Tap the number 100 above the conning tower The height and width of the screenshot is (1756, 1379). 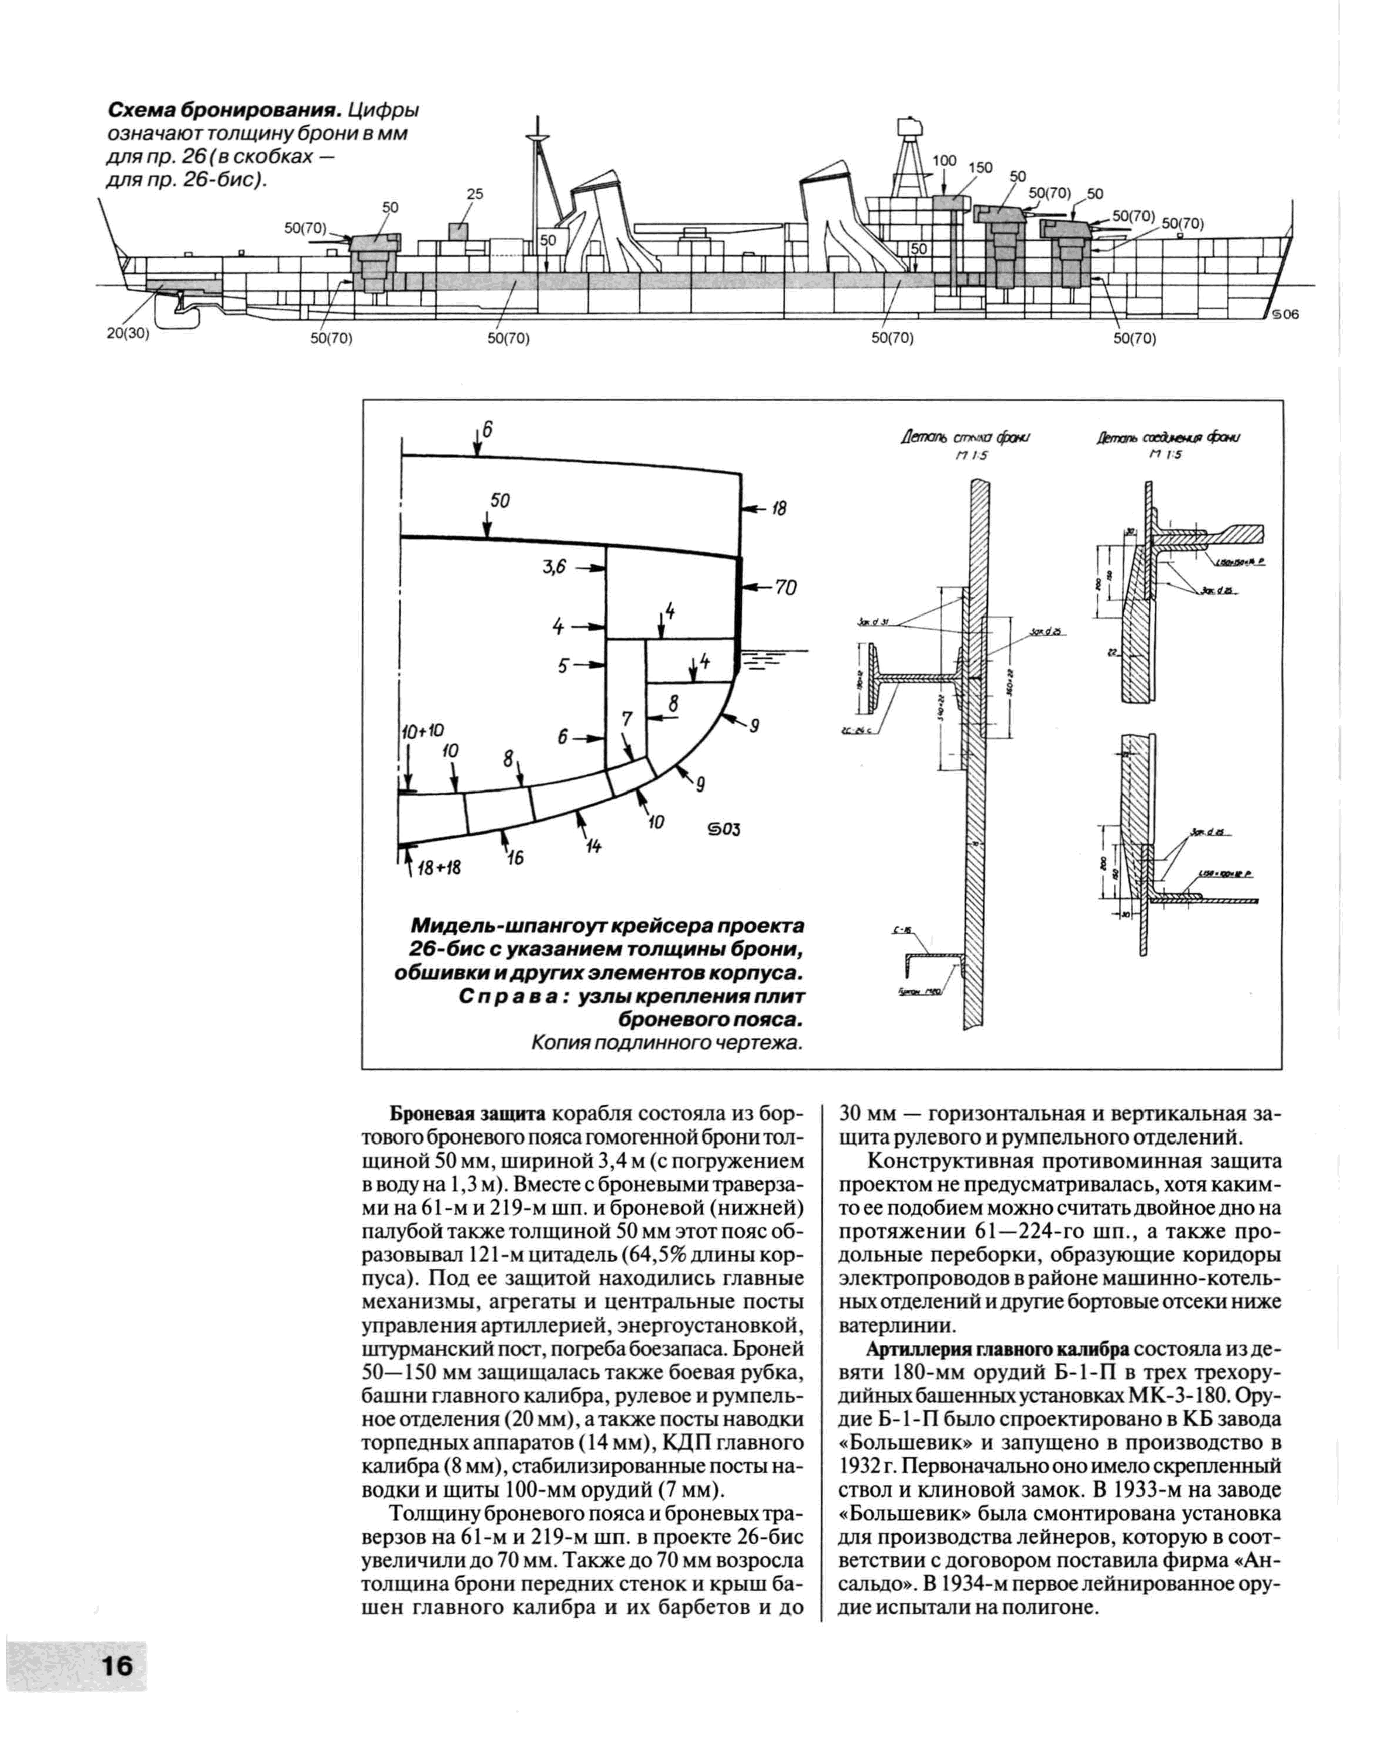coord(945,160)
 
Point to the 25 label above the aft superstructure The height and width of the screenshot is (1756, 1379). coord(475,194)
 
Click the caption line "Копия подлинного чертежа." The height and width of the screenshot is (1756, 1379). coord(667,1044)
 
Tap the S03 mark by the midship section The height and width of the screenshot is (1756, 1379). coord(724,829)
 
